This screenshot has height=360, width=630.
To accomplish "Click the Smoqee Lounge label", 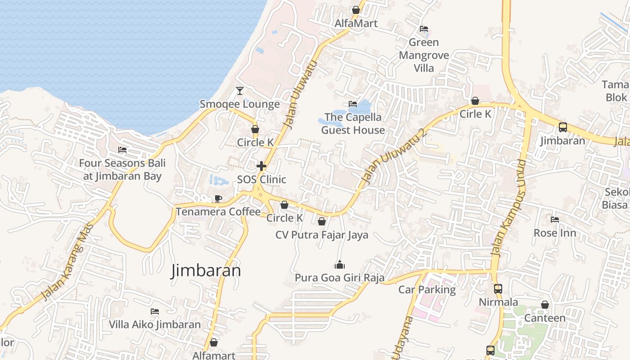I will click(240, 104).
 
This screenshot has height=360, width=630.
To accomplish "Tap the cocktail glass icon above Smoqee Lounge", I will click(240, 91).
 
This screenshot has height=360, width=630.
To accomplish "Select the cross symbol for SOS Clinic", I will click(261, 166).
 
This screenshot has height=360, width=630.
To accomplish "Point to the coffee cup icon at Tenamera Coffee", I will click(218, 198).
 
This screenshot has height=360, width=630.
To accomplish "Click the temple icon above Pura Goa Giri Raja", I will click(340, 265).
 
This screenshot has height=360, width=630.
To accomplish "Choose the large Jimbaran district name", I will click(206, 270).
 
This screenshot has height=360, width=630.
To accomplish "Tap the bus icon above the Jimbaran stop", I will click(563, 127).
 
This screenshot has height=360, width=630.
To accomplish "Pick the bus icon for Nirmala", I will click(498, 289).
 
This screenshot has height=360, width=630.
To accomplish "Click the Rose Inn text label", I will click(555, 233).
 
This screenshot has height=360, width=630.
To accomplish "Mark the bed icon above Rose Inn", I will click(555, 220).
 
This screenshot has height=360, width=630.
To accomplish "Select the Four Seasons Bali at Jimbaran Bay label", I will click(122, 170).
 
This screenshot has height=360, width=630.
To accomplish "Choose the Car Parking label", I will click(427, 290).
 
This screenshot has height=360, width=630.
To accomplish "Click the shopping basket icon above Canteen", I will click(545, 305).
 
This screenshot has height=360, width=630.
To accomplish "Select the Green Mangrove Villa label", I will click(424, 55).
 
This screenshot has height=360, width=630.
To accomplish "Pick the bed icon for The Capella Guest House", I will click(353, 104).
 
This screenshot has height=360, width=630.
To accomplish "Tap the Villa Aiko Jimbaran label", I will click(155, 324).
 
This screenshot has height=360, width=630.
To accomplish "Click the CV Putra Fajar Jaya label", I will click(322, 235).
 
